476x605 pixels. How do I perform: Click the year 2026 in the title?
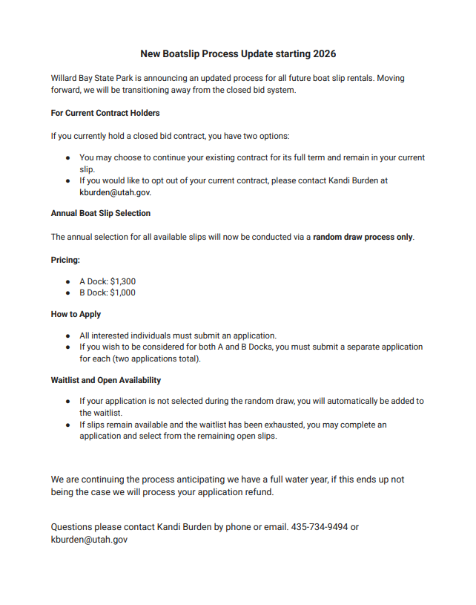[324, 54]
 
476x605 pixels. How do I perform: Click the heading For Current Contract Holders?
[105, 114]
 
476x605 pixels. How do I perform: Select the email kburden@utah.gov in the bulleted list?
[115, 192]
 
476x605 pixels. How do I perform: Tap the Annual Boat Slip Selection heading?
[101, 214]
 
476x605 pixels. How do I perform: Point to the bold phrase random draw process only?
[363, 238]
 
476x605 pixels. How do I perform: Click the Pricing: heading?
[65, 261]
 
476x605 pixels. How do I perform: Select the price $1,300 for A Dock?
[122, 282]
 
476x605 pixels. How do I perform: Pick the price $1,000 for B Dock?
[122, 292]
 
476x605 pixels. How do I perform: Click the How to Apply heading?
[76, 315]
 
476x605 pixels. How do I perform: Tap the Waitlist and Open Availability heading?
[106, 381]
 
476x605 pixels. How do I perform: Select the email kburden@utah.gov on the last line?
[89, 540]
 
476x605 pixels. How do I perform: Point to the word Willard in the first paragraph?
[65, 78]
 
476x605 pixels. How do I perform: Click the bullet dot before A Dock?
[68, 282]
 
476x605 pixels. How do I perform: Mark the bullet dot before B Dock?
[68, 292]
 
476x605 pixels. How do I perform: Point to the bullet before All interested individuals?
[68, 336]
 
